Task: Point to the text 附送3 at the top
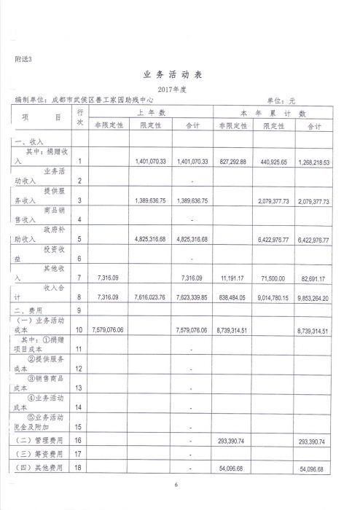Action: click(23, 58)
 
